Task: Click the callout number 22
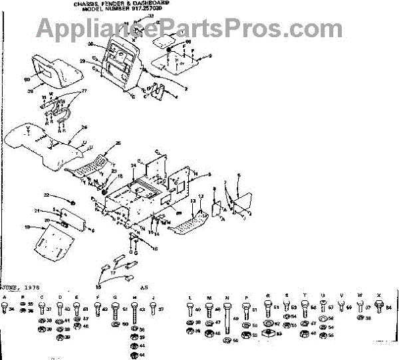coord(46,195)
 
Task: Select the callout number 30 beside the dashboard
coord(90,43)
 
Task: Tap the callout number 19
coord(27,227)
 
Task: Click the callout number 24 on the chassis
coord(133,165)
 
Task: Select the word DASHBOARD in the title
coord(151,3)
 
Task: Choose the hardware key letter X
coord(379,295)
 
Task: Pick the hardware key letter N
coord(227,297)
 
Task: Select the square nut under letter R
coord(268,330)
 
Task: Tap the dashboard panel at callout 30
coord(120,61)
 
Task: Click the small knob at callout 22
coord(72,201)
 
